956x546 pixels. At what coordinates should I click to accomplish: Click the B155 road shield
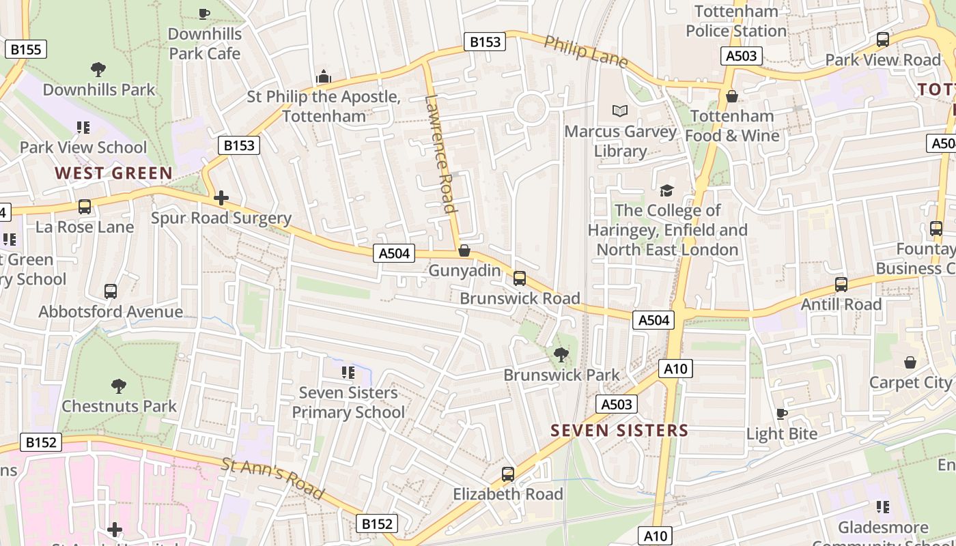(x=27, y=49)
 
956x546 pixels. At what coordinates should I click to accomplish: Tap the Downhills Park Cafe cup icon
(x=203, y=13)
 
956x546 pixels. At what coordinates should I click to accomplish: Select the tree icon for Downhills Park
(x=98, y=69)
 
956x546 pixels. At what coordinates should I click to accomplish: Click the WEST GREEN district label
(x=114, y=173)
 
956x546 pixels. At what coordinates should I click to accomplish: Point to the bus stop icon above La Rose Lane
(x=85, y=206)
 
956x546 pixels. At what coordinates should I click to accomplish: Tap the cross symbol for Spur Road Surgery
(x=221, y=199)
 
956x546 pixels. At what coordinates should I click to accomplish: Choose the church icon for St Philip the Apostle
(x=324, y=76)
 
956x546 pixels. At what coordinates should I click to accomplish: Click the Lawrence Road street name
(x=440, y=154)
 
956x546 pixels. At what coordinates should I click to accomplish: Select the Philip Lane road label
(x=586, y=52)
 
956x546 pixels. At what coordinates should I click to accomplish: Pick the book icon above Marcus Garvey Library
(x=620, y=111)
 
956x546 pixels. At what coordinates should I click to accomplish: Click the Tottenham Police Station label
(x=736, y=21)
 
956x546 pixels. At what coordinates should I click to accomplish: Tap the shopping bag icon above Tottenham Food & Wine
(x=732, y=96)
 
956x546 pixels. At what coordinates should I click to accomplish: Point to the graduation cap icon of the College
(x=666, y=190)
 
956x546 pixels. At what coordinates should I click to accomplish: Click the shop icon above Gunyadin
(x=464, y=251)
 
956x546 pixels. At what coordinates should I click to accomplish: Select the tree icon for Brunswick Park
(x=561, y=354)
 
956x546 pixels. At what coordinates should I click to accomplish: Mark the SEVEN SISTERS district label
(x=619, y=431)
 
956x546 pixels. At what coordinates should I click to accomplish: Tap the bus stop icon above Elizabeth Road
(x=508, y=474)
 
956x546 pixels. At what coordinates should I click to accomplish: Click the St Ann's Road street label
(x=272, y=478)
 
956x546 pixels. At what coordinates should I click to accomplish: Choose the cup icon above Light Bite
(x=782, y=414)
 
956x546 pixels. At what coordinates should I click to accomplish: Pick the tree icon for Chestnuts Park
(x=119, y=386)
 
